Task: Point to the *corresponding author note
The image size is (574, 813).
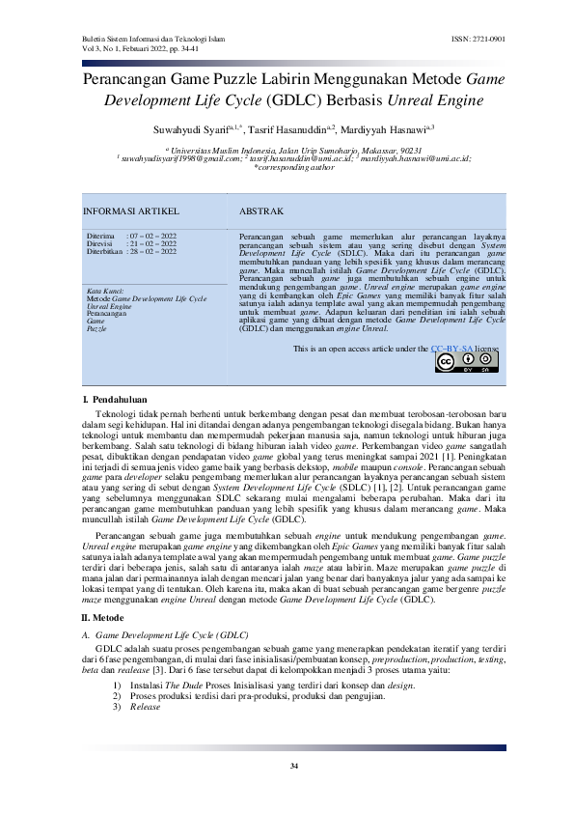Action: pos(287,167)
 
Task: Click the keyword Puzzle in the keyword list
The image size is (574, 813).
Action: pos(96,329)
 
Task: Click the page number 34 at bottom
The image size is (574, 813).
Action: pos(294,765)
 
